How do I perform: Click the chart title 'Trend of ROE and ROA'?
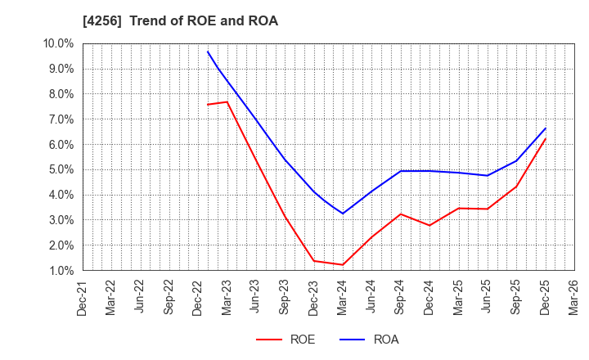tap(204, 21)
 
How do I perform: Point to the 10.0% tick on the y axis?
tap(60, 43)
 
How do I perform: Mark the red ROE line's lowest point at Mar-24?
tap(343, 264)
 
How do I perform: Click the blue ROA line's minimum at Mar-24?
tap(343, 214)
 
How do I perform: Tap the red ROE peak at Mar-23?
tap(227, 101)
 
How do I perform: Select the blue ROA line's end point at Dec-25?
tap(546, 128)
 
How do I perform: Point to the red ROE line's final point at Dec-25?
tap(546, 138)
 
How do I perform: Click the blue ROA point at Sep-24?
tap(401, 171)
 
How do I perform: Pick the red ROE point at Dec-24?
tap(429, 225)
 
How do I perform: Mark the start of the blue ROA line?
tap(208, 52)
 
